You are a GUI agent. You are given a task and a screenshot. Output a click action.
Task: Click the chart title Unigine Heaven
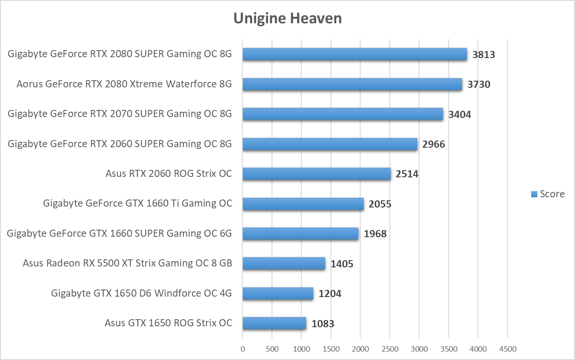click(x=287, y=18)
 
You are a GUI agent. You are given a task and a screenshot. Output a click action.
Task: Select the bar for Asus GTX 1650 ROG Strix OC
click(x=274, y=323)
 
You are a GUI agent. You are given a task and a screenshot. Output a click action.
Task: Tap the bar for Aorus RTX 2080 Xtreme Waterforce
click(x=352, y=84)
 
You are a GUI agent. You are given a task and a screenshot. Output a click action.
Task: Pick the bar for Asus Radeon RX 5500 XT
click(x=284, y=263)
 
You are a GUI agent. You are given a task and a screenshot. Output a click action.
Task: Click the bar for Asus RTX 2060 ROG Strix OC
click(x=316, y=174)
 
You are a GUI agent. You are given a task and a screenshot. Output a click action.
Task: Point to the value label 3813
click(x=483, y=55)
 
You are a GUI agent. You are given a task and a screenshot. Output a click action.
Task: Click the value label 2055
click(x=380, y=204)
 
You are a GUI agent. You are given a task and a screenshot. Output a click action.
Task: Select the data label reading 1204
click(x=330, y=293)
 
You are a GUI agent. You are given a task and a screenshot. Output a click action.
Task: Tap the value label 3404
click(x=459, y=115)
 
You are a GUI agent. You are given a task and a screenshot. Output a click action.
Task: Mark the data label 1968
click(x=375, y=234)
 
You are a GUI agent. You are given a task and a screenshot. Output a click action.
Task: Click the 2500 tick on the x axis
click(x=389, y=349)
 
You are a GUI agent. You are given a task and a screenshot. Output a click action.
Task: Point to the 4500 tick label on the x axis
click(x=507, y=349)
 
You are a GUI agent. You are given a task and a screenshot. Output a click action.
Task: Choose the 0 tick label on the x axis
click(x=242, y=349)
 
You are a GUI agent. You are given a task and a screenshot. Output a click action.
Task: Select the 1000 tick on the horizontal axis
click(x=301, y=349)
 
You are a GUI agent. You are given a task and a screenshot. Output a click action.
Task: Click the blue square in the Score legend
click(x=534, y=194)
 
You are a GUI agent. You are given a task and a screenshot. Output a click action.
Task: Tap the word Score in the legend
click(x=552, y=194)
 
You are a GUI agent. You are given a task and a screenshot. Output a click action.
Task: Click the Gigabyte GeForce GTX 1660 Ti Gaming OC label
click(x=137, y=203)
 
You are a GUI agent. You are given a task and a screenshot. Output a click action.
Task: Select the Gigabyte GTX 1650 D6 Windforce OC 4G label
click(x=141, y=293)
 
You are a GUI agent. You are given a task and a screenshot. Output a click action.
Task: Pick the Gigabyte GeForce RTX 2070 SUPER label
click(x=120, y=114)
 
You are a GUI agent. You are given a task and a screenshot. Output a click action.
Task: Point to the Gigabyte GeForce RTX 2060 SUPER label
click(x=120, y=144)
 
